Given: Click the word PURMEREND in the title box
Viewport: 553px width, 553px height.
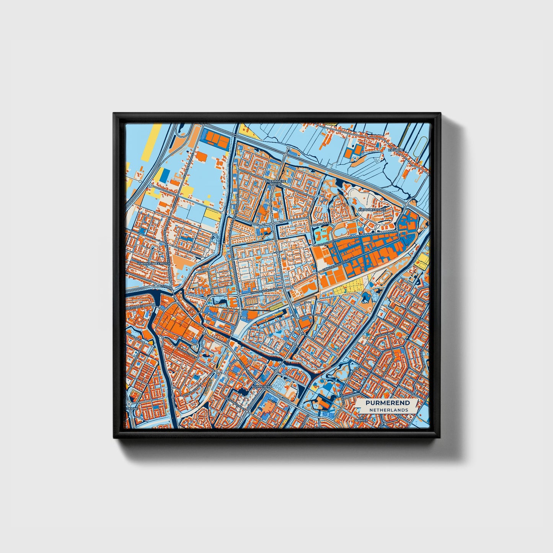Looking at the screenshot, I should pos(388,403).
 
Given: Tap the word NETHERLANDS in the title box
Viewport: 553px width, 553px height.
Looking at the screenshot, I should pos(388,409).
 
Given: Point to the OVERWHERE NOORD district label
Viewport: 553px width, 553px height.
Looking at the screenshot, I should pos(275,182).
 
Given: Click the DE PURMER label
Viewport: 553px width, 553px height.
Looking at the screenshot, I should pos(361,421).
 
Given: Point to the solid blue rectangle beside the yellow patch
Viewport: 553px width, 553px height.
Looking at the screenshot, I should pos(164,175).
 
